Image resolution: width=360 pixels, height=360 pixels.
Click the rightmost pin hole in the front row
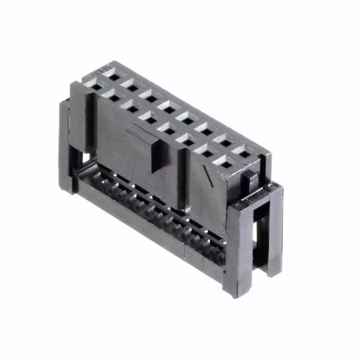225,164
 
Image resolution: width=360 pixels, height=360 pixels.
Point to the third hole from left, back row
152,98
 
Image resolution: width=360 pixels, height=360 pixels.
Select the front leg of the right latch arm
236,247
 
